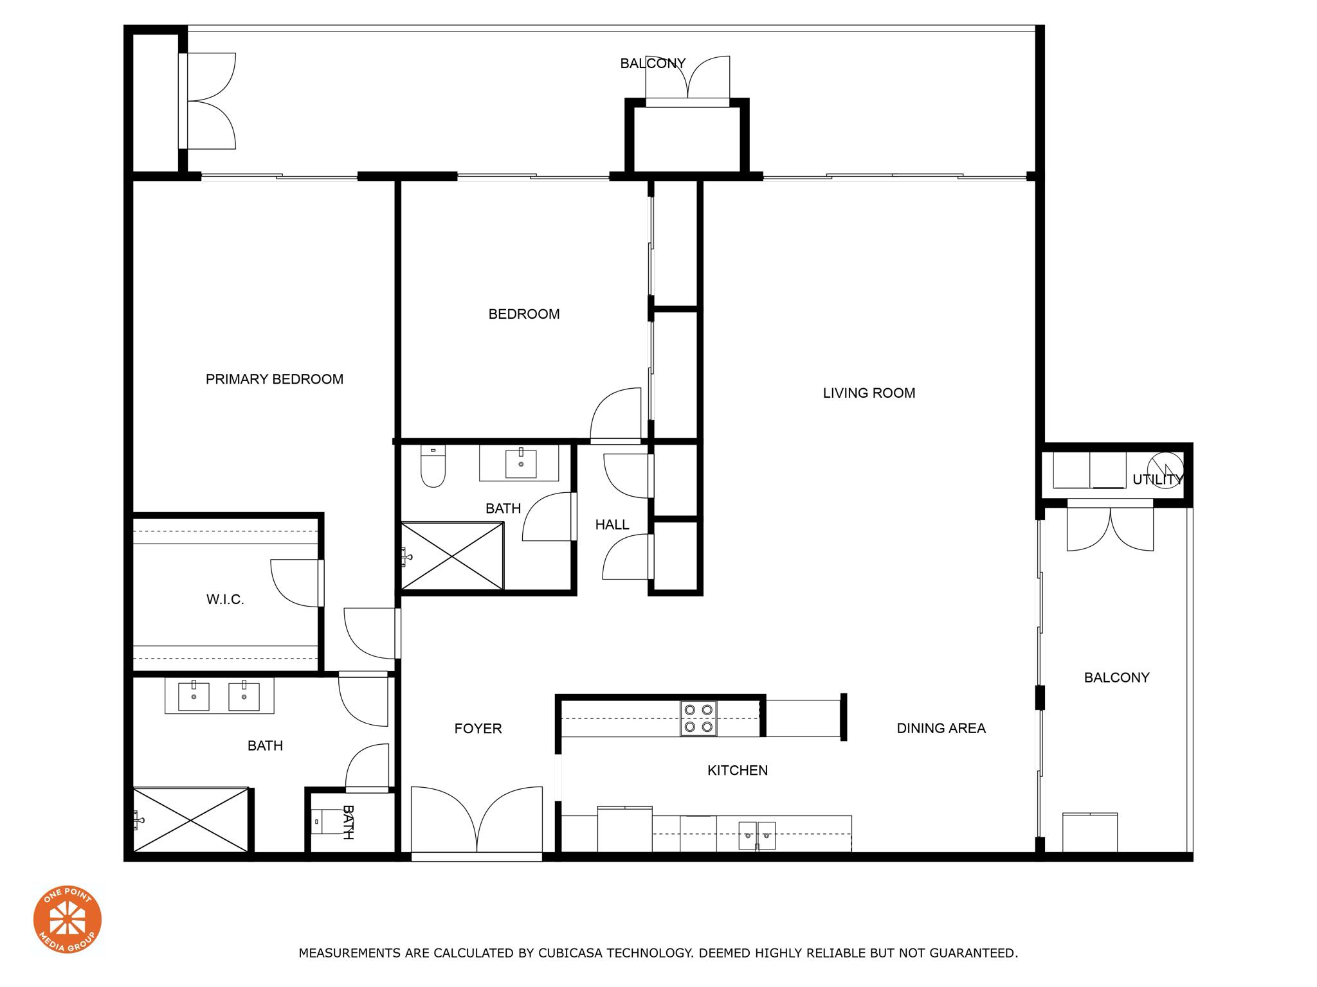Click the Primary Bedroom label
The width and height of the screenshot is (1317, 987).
pyautogui.click(x=275, y=379)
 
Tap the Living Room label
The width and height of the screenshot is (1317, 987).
pyautogui.click(x=869, y=393)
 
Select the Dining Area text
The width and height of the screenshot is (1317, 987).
pyautogui.click(x=941, y=728)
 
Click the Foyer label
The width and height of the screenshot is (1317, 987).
pyautogui.click(x=478, y=728)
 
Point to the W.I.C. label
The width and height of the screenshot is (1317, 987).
pyautogui.click(x=225, y=600)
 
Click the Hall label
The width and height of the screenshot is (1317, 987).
pyautogui.click(x=612, y=525)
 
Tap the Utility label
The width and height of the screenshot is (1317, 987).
pyautogui.click(x=1158, y=479)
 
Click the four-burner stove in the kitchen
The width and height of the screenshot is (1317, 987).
pyautogui.click(x=698, y=718)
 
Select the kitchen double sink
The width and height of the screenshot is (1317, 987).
pyautogui.click(x=757, y=835)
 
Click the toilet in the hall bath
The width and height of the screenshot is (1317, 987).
pyautogui.click(x=433, y=467)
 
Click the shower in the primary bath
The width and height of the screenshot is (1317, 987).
pyautogui.click(x=190, y=821)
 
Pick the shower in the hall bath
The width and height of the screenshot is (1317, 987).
pyautogui.click(x=452, y=556)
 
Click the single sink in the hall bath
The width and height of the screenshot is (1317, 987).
pyautogui.click(x=521, y=463)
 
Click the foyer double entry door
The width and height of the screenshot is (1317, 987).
pyautogui.click(x=477, y=822)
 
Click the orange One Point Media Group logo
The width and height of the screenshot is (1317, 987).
pyautogui.click(x=68, y=919)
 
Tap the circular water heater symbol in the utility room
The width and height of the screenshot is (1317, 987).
pyautogui.click(x=1165, y=470)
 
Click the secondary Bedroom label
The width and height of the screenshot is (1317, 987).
pyautogui.click(x=524, y=314)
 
